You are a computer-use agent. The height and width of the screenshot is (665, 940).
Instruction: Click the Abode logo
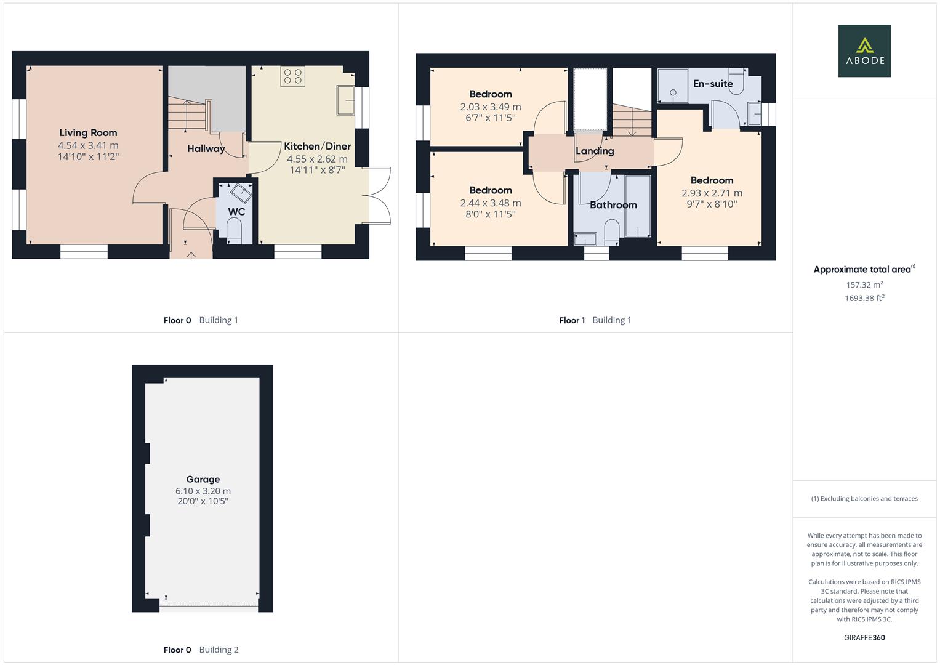coord(864,50)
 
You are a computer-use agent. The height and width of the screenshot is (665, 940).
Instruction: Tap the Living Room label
coord(88,132)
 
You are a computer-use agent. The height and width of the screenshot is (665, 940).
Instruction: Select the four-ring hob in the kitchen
coord(293,76)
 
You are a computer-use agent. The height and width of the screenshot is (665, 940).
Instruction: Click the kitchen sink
coord(345,100)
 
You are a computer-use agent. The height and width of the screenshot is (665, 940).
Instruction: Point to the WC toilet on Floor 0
coord(234,233)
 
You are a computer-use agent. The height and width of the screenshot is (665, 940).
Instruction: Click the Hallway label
coord(206,148)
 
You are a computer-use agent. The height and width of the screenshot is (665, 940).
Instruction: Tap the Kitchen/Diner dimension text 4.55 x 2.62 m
coord(317,159)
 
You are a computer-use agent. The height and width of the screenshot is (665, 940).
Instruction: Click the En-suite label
coord(713,84)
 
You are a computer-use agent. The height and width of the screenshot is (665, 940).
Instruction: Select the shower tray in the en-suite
coord(673,86)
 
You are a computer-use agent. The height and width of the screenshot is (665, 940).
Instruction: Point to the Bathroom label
coord(613,205)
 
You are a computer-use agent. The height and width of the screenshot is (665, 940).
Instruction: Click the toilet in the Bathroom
coord(611,233)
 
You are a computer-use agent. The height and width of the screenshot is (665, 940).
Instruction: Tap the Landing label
coord(595,151)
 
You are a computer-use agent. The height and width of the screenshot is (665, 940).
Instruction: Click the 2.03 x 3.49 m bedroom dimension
coord(491,107)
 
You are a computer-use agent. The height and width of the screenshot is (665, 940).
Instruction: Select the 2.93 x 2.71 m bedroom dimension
coord(712,193)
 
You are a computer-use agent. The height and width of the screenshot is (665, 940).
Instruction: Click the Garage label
coord(203,480)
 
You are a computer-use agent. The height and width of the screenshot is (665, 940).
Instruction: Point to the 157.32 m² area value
coord(864,284)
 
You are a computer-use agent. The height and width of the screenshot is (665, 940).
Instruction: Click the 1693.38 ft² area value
coord(864,298)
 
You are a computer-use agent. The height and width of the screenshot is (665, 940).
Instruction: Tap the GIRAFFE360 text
coord(864,637)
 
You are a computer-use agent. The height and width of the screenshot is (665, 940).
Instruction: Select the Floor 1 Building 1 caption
coord(595,320)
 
